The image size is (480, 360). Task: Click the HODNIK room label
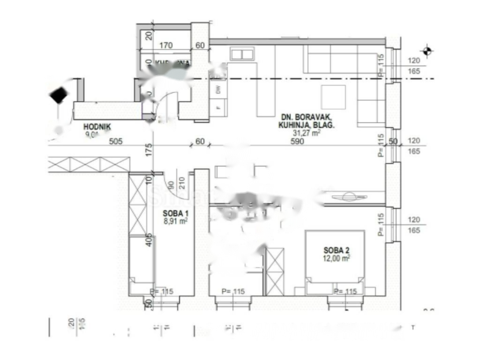[x=97, y=127]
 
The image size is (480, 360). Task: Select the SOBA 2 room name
[x=337, y=250]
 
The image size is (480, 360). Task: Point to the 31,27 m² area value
[x=306, y=133]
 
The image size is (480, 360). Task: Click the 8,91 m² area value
[x=175, y=221]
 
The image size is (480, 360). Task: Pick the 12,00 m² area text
[x=337, y=258]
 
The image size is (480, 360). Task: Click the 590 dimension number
[x=297, y=142]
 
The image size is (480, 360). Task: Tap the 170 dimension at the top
[x=166, y=45]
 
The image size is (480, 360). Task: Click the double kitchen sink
[x=241, y=54]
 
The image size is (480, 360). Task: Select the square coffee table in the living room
[x=333, y=97]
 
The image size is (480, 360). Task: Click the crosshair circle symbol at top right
[x=427, y=51]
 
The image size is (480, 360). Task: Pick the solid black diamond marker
[x=58, y=96]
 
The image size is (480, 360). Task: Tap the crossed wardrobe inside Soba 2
[x=275, y=271]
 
